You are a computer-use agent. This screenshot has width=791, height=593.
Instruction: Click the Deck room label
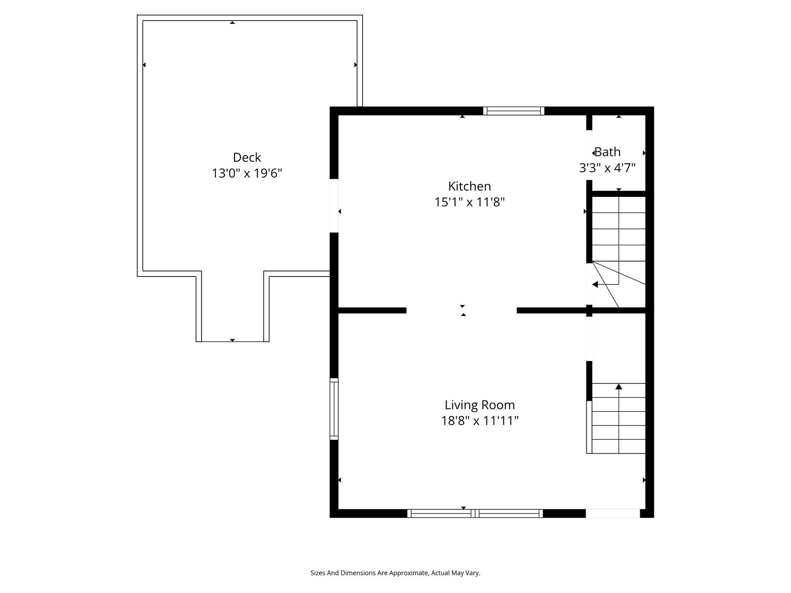[247, 158]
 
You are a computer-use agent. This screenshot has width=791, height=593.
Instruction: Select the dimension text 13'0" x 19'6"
[247, 173]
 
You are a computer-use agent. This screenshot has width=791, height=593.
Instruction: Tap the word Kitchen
[469, 186]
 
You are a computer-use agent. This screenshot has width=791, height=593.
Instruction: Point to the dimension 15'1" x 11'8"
[469, 202]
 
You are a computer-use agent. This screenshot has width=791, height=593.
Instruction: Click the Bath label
[608, 152]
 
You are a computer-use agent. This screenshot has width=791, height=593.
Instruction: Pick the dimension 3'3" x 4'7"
[607, 168]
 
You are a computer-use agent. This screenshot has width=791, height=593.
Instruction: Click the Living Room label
[480, 405]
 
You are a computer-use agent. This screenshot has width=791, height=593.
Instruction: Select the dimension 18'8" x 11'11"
[480, 421]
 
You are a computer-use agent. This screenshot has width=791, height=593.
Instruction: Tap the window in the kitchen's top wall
[514, 111]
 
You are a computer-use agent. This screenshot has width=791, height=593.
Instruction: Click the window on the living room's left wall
[334, 409]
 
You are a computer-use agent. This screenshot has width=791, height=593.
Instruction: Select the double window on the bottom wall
[475, 513]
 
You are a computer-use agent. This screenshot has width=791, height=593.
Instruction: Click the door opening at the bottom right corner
[613, 513]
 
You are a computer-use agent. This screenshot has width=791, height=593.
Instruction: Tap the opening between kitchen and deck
[334, 205]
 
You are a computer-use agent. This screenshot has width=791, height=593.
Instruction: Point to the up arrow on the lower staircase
[619, 386]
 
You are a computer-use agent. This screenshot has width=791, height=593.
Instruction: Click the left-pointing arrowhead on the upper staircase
[595, 285]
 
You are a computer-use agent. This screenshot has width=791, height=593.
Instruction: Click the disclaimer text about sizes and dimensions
[395, 573]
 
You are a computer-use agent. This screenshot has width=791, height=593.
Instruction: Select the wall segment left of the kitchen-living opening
[372, 310]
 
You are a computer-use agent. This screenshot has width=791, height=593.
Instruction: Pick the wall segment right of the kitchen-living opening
[552, 310]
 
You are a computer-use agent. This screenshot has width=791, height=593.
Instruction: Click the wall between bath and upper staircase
[619, 193]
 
